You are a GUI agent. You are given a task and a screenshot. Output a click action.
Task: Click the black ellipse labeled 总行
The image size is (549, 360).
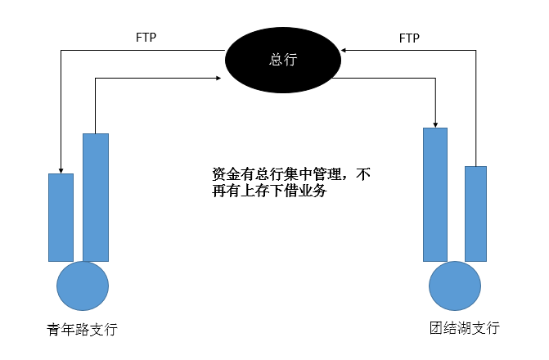pyautogui.click(x=283, y=60)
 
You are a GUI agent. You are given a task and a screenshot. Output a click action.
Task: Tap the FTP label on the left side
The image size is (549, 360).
pyautogui.click(x=146, y=38)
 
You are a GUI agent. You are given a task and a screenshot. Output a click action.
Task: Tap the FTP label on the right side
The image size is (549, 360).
pyautogui.click(x=410, y=38)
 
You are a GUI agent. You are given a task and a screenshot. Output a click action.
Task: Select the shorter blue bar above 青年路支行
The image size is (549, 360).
pyautogui.click(x=61, y=217)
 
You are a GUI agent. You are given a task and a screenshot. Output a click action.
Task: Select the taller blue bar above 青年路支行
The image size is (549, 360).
pyautogui.click(x=96, y=196)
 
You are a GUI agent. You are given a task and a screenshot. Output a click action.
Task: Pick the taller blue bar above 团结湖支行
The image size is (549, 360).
pyautogui.click(x=435, y=194)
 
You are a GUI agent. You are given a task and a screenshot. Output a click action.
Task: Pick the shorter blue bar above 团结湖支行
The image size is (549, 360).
pyautogui.click(x=475, y=214)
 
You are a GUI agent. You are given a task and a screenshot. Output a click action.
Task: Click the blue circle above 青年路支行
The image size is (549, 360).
pyautogui.click(x=83, y=286)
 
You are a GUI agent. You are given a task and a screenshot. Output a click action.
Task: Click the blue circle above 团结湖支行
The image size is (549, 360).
pyautogui.click(x=455, y=286)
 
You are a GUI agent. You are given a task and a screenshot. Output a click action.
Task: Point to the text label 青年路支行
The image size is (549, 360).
pyautogui.click(x=83, y=330)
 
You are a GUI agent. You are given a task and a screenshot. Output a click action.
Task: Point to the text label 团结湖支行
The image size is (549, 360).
pyautogui.click(x=464, y=328)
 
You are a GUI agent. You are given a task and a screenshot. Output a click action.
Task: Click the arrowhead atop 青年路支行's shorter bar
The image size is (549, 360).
pyautogui.click(x=61, y=169)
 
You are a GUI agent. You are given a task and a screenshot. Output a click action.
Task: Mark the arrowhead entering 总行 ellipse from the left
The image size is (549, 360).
pyautogui.click(x=219, y=79)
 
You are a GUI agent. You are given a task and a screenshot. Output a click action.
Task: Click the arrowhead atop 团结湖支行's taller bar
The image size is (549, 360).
pyautogui.click(x=435, y=123)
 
